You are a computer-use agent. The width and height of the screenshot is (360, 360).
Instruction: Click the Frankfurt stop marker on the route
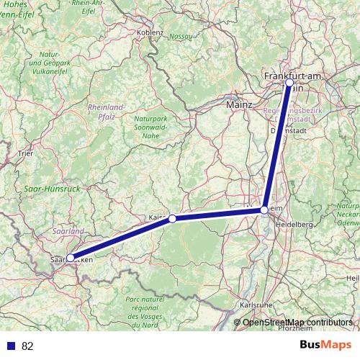pyautogui.click(x=289, y=83)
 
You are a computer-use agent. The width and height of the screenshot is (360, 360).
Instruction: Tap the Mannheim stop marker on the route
pyautogui.click(x=265, y=210)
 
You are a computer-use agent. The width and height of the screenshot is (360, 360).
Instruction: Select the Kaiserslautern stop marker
pyautogui.click(x=172, y=218)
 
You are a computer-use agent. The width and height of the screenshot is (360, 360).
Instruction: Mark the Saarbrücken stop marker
pyautogui.click(x=70, y=258)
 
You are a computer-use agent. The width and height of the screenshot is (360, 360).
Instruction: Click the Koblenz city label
pyautogui.click(x=153, y=32)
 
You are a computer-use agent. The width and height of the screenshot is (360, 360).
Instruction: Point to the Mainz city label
pyautogui.click(x=239, y=104)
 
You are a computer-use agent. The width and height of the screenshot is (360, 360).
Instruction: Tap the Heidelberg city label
pyautogui.click(x=295, y=225)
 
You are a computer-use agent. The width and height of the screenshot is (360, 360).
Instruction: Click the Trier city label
pyautogui.click(x=25, y=153)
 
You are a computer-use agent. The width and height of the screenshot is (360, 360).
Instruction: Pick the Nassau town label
pyautogui.click(x=180, y=37)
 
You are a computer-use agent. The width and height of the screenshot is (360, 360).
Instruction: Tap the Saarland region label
pyautogui.click(x=68, y=231)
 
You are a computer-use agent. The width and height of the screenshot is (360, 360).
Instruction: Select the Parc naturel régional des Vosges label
pyautogui.click(x=154, y=310)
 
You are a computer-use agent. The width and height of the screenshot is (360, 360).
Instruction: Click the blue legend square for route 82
pyautogui.click(x=11, y=346)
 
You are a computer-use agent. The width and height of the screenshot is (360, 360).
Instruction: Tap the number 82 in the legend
pyautogui.click(x=28, y=346)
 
